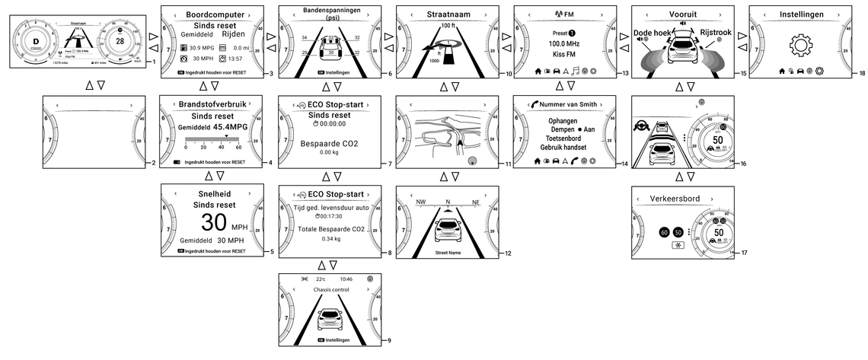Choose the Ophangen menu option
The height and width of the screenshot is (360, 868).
tap(562, 120)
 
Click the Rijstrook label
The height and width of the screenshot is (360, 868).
tap(716, 33)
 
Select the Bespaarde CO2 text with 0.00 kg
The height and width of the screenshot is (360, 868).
tap(329, 143)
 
